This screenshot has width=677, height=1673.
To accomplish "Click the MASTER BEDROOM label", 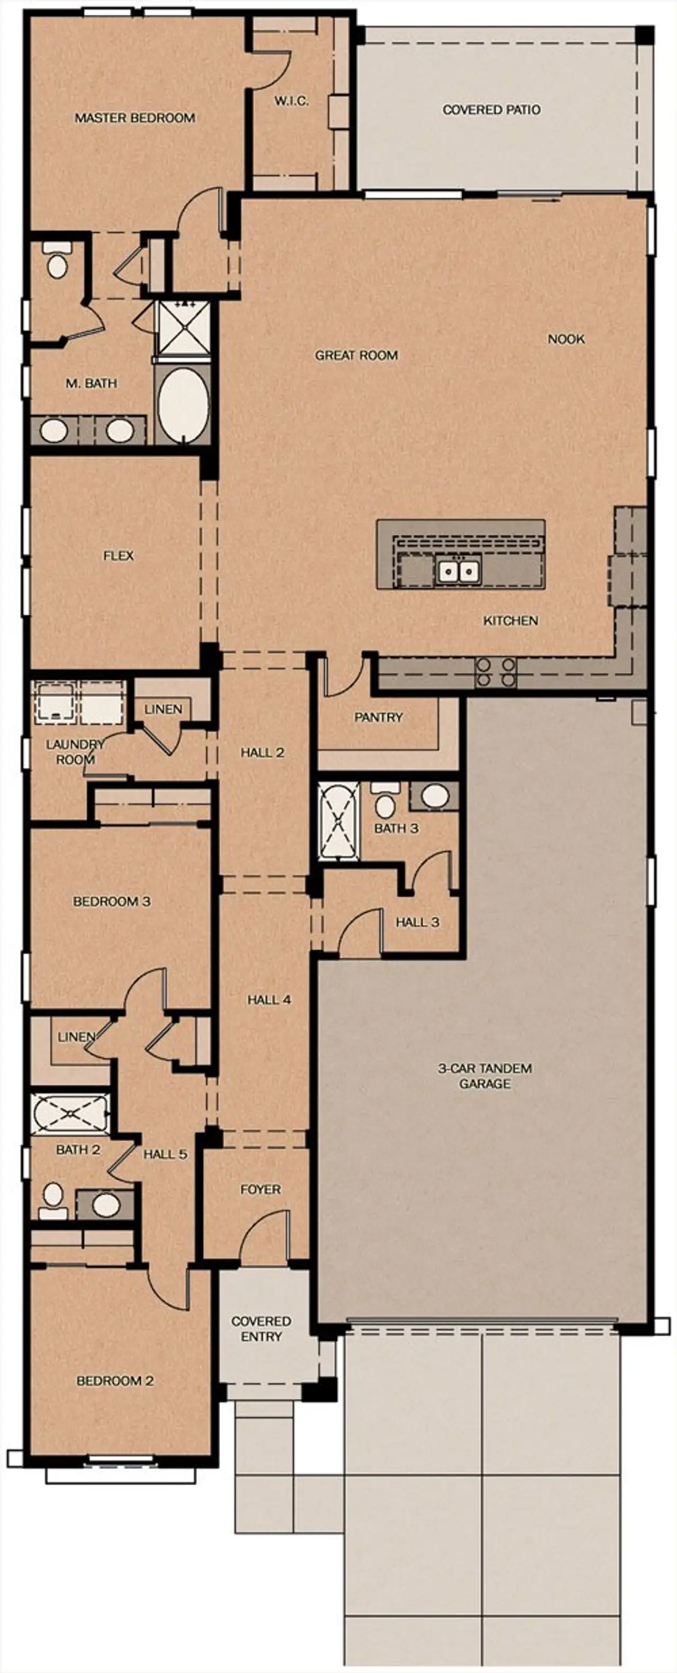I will click(x=134, y=117).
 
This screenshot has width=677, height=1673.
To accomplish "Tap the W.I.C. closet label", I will click(x=290, y=101).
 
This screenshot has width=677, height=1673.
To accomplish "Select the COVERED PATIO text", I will click(x=491, y=110).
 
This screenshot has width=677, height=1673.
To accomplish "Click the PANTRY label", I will click(x=378, y=717).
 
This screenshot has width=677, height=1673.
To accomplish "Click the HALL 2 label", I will click(x=262, y=753).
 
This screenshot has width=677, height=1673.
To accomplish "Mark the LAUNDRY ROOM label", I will click(x=75, y=752).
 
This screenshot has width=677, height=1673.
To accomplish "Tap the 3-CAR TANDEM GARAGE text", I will click(x=485, y=1076).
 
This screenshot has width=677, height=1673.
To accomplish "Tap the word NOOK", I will click(x=566, y=339).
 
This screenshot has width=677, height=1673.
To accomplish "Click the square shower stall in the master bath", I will click(x=185, y=328).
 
